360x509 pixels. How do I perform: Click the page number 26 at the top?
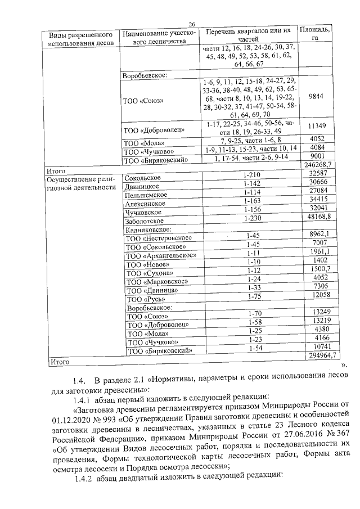[191, 24]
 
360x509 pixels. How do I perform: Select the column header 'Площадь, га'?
[316, 34]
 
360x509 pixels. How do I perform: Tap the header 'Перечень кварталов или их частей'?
[248, 34]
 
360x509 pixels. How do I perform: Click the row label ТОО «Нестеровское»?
[159, 238]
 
